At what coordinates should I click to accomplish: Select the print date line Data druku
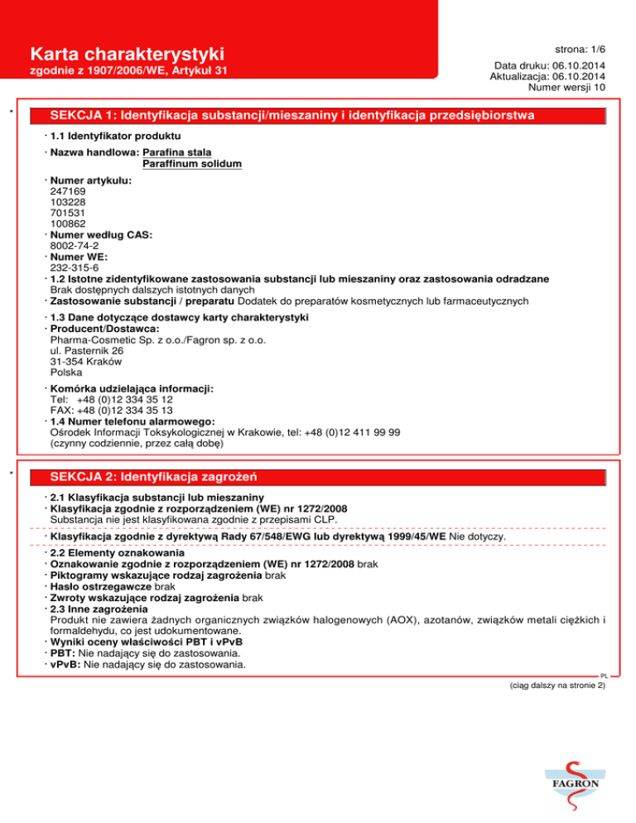(x=549, y=65)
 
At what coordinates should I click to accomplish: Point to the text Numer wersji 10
(x=561, y=86)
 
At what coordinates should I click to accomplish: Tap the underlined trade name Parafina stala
(x=177, y=152)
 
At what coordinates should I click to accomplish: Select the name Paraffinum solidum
(x=192, y=164)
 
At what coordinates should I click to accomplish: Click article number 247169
(x=68, y=190)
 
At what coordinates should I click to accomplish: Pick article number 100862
(x=68, y=224)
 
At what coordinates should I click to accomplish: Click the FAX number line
(x=111, y=409)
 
